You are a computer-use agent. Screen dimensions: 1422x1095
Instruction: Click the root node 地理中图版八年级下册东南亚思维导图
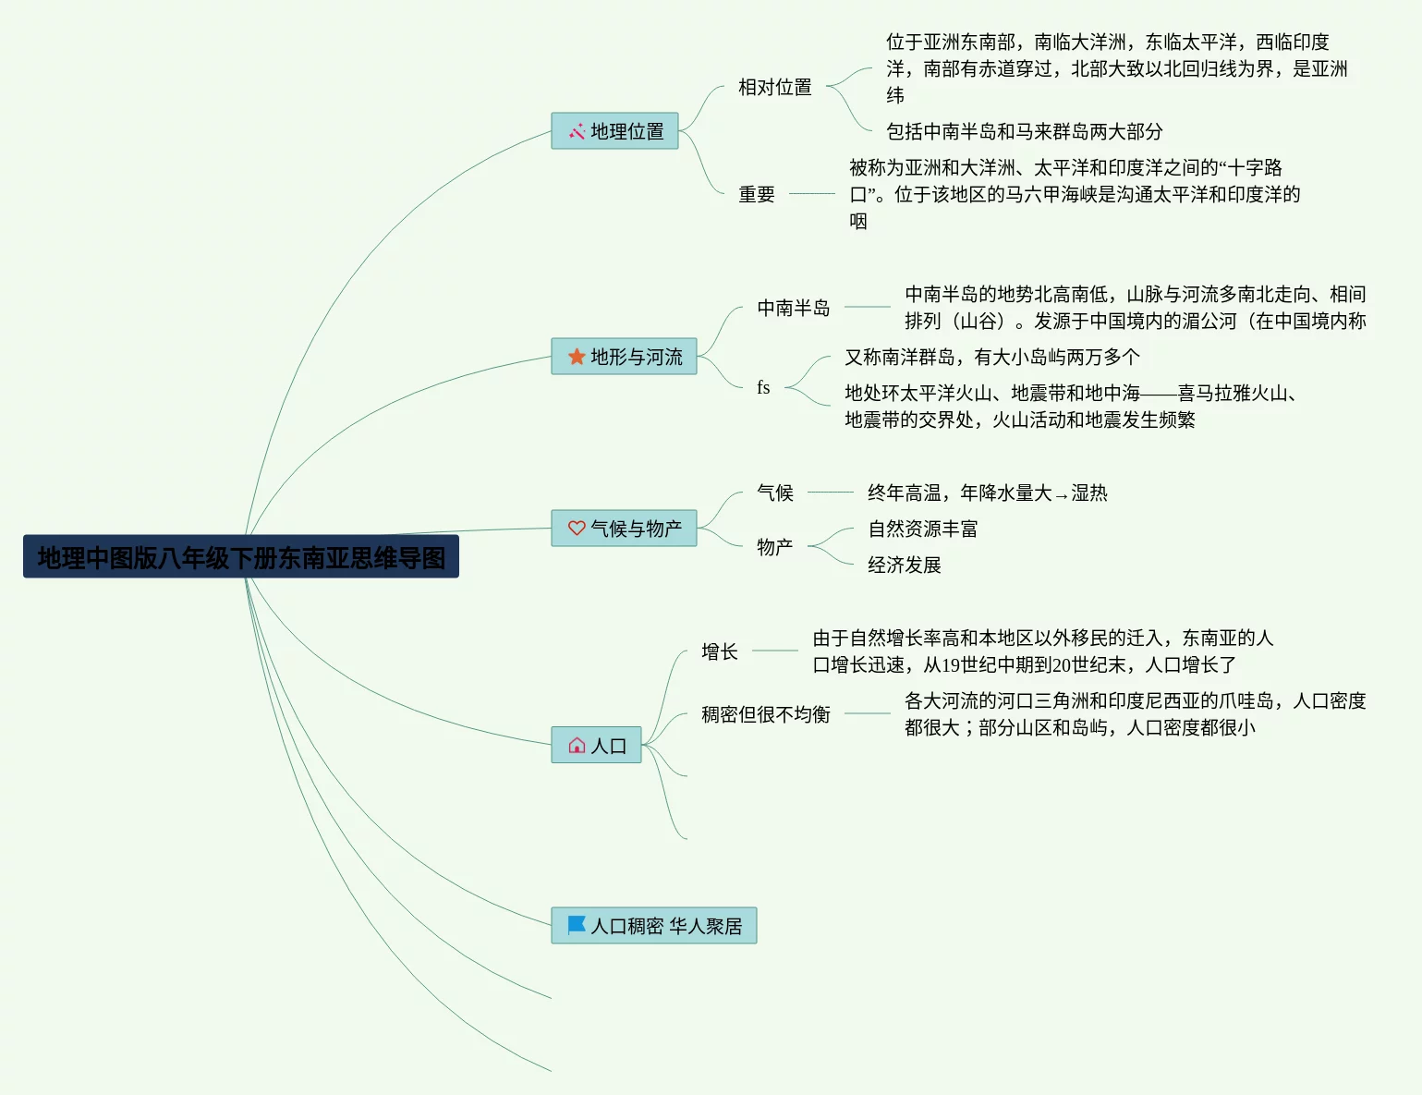click(x=241, y=557)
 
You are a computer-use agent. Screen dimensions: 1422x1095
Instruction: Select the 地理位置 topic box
click(x=614, y=131)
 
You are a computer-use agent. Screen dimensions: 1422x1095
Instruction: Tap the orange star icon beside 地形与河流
click(x=577, y=357)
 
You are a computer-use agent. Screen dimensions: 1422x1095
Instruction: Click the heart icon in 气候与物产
click(x=577, y=529)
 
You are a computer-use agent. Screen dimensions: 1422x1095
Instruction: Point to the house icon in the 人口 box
click(x=577, y=746)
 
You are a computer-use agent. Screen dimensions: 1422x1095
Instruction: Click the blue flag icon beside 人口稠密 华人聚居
click(x=577, y=925)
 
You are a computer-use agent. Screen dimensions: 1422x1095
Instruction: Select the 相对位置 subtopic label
click(x=774, y=87)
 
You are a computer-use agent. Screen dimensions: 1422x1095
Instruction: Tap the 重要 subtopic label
click(x=756, y=194)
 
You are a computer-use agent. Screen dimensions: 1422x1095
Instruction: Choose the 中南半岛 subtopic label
click(x=793, y=308)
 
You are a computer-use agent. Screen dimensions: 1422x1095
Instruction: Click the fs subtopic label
click(x=763, y=388)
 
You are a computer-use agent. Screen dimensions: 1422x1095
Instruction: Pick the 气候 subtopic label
click(x=774, y=493)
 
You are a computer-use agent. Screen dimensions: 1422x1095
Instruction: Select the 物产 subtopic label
click(x=774, y=547)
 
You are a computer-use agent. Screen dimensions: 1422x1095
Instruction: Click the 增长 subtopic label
click(x=719, y=651)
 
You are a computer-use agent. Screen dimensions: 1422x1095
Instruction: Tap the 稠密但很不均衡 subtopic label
click(x=765, y=714)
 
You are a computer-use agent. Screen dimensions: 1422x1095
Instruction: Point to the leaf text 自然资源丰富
click(x=922, y=529)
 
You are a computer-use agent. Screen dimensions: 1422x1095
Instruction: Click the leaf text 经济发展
click(x=904, y=565)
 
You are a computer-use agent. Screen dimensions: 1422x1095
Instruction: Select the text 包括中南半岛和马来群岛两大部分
click(x=1024, y=131)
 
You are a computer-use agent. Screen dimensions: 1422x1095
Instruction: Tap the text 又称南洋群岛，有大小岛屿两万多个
click(x=991, y=357)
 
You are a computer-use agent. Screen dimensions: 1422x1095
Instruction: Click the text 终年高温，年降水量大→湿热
click(x=987, y=493)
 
